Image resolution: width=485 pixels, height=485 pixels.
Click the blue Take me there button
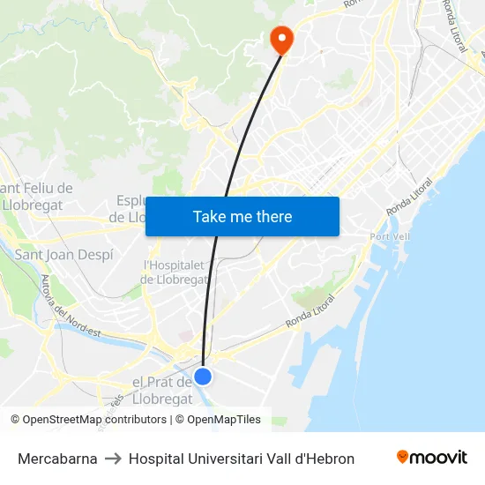[x=242, y=216]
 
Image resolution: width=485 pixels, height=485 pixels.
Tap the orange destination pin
[x=281, y=37]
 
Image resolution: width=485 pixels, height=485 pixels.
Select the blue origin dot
[x=203, y=377]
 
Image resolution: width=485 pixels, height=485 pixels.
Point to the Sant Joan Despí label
[x=64, y=255]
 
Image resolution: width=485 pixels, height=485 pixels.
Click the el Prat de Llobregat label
[x=162, y=390]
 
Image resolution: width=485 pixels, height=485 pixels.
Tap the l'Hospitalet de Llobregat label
[x=175, y=272]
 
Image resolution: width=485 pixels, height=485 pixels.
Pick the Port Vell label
[x=392, y=237]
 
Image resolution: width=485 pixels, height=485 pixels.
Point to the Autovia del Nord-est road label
[x=71, y=309]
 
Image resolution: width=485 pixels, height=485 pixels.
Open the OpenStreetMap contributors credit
[x=94, y=420]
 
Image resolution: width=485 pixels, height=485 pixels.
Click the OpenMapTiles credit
[x=223, y=420]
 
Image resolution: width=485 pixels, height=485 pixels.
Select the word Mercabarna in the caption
[x=57, y=459]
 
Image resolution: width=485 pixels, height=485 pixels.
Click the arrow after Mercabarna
[x=113, y=459]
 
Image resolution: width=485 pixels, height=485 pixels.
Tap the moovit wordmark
[x=438, y=458]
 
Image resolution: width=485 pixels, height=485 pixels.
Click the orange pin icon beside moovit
[x=403, y=457]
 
